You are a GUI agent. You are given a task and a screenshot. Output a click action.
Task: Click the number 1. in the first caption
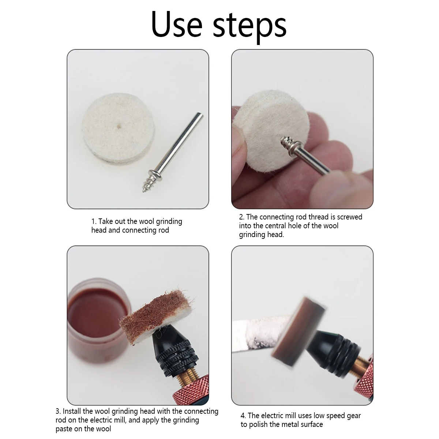tap(94, 222)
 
